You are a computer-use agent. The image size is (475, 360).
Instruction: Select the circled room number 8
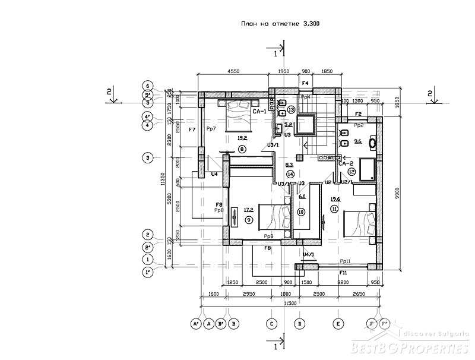coord(242,149)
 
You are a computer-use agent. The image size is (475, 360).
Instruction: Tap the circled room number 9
coord(248,219)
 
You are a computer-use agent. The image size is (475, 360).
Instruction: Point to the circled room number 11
coord(334,209)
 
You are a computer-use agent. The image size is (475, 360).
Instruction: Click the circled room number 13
coord(291,110)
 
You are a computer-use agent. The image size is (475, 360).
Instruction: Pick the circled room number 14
coord(290,174)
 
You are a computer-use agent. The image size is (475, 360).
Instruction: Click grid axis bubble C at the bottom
coord(271,324)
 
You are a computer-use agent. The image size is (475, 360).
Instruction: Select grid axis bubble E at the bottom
coord(337,324)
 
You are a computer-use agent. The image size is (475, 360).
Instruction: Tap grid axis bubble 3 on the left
coord(148,157)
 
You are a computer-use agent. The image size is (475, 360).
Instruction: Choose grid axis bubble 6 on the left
coord(148,85)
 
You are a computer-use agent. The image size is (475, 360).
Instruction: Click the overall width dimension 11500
coord(290,304)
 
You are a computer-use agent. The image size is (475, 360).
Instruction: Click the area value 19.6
coord(335,199)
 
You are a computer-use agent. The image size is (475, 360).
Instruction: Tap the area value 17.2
coord(249,209)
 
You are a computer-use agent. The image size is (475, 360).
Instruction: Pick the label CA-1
coord(259,112)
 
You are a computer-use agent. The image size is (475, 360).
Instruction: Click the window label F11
coord(343,272)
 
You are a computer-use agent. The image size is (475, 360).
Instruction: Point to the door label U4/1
coord(308,254)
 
